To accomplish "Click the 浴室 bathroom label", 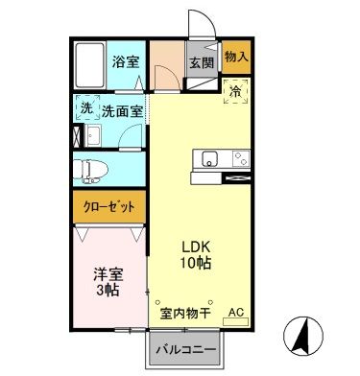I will [x=125, y=62].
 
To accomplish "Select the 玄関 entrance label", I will [x=201, y=64].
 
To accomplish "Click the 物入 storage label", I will [x=236, y=58].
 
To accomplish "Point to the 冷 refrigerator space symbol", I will [x=236, y=92].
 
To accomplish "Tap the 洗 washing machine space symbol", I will [x=86, y=109].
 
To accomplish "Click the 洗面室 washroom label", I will [x=123, y=110].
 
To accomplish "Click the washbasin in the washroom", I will [x=88, y=137].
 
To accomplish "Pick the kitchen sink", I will [x=209, y=158].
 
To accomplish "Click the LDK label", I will [x=197, y=246].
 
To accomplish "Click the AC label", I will [x=236, y=314].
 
